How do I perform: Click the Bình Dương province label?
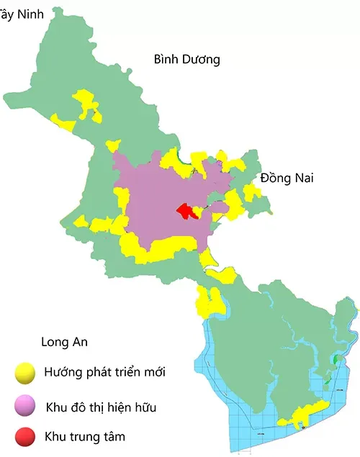(186, 60)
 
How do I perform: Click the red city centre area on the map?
(189, 211)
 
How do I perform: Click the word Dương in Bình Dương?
(202, 60)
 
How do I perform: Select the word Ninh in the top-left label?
(30, 14)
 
